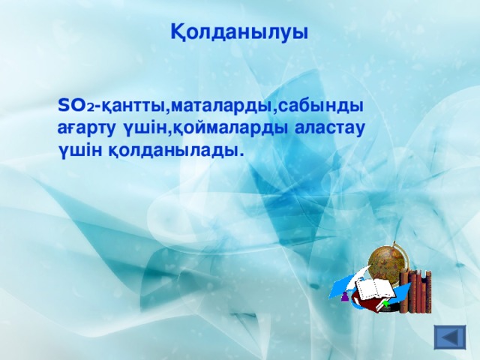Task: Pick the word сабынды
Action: (x=321, y=106)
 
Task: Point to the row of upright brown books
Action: (x=415, y=292)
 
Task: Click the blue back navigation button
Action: (x=451, y=337)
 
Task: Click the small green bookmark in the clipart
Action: (x=385, y=304)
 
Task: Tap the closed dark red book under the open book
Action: (x=370, y=304)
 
